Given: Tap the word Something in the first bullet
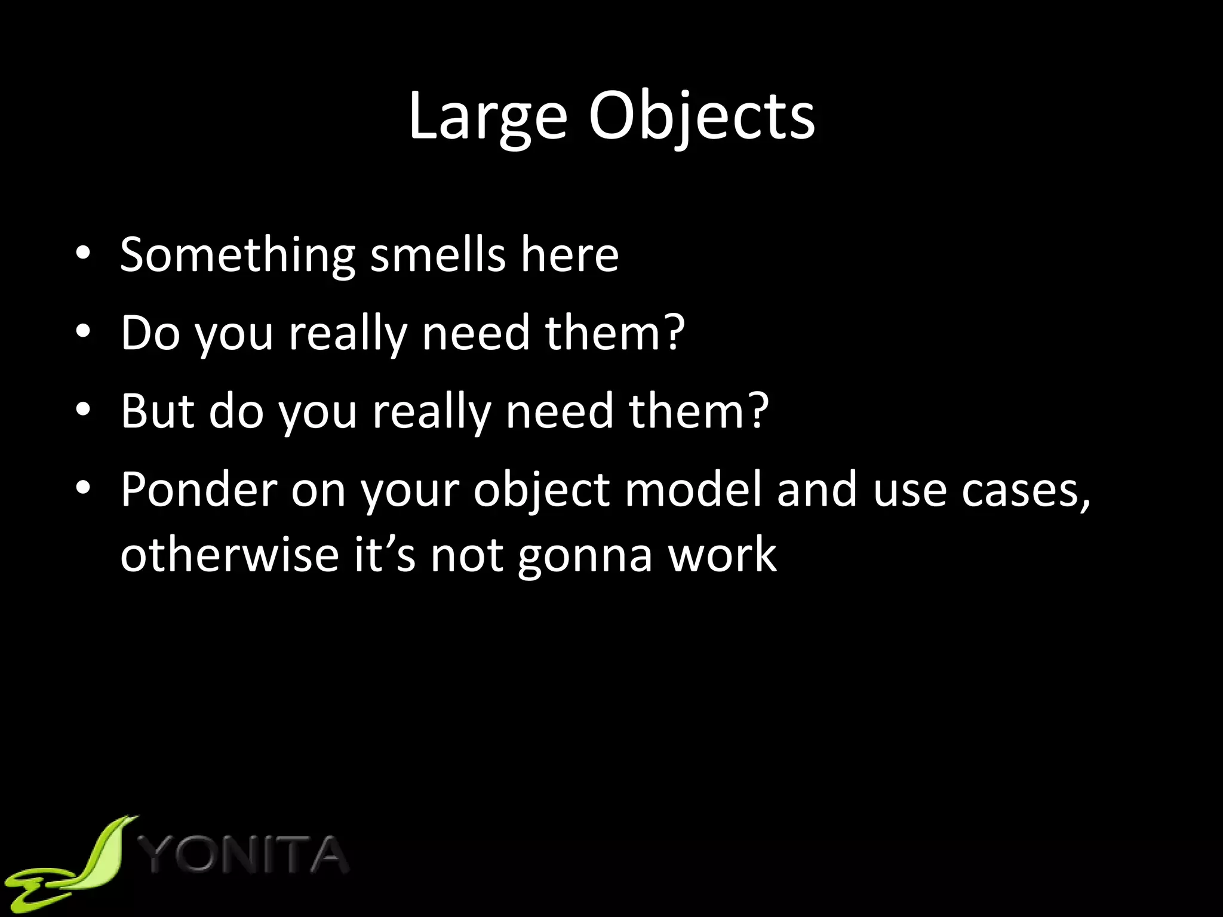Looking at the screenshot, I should coord(238,256).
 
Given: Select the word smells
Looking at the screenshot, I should coord(438,256).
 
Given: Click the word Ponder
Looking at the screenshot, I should coord(199,491).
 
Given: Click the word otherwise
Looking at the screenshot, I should coord(229,555).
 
